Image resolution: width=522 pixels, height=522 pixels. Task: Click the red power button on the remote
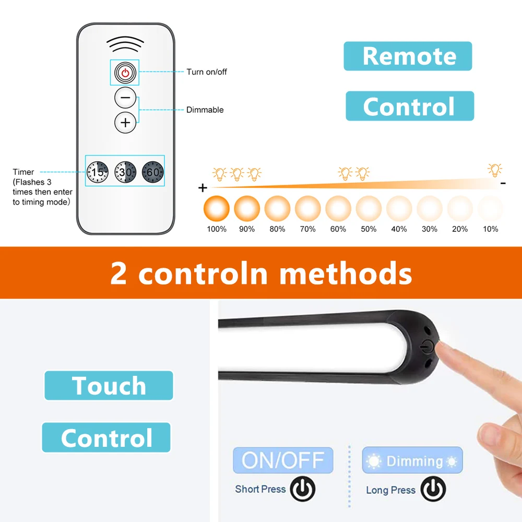coord(125,73)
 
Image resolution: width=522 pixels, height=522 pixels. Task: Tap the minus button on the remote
coord(125,98)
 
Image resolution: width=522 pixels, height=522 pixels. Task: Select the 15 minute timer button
coord(98,172)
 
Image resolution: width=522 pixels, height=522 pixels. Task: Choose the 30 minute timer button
coord(125,172)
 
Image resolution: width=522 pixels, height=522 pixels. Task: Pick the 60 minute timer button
coord(153,172)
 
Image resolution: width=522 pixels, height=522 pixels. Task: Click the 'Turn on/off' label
coord(207,72)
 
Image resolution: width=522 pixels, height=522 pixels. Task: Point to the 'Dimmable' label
coord(205,110)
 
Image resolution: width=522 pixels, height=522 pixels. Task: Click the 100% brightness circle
coord(217,209)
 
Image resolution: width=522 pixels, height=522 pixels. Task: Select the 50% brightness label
coord(369,229)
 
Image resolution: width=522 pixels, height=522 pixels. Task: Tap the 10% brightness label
coord(490,229)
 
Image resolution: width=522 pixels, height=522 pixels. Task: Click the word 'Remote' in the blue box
coord(409,56)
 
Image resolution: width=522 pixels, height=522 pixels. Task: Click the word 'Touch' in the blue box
coord(109,386)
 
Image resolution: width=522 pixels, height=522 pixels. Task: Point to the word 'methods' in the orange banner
coord(346,274)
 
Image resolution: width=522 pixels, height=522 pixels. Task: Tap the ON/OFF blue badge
coord(283,460)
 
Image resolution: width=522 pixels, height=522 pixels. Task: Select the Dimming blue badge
coord(412,460)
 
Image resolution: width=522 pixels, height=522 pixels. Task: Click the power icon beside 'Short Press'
coord(302,489)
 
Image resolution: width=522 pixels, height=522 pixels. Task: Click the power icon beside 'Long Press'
coord(433,489)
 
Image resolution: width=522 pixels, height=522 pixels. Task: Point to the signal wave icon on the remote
coord(125,44)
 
